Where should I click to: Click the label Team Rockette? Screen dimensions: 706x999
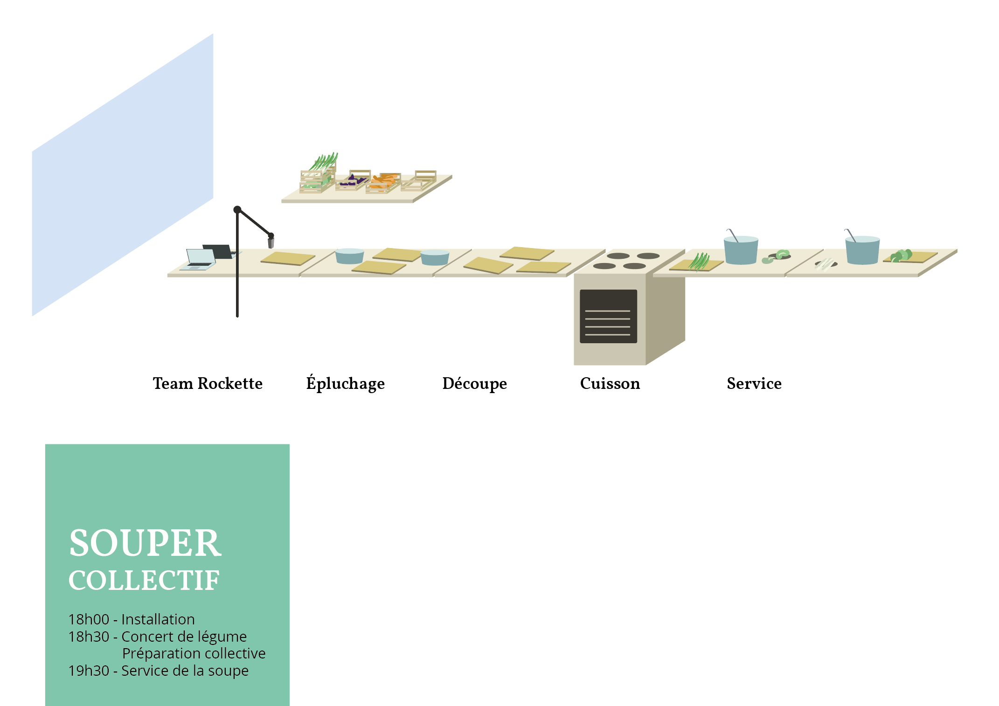(208, 383)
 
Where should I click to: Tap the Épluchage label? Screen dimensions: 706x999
(345, 383)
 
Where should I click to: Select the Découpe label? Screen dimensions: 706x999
(474, 383)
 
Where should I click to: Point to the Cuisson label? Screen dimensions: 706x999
(610, 383)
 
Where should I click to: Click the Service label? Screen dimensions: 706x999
(754, 383)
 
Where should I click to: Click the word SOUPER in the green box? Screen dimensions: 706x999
(145, 543)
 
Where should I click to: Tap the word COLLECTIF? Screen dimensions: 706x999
(144, 581)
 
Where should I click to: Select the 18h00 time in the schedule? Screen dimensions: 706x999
(89, 619)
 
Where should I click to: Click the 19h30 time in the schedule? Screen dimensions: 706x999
(89, 671)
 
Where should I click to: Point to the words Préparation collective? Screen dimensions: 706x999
(194, 653)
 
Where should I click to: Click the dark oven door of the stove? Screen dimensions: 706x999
(608, 316)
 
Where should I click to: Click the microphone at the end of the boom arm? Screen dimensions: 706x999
(271, 242)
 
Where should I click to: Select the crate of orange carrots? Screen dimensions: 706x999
(383, 183)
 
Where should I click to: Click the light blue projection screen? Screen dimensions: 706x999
(122, 175)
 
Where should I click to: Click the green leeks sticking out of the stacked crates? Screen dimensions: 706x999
(325, 161)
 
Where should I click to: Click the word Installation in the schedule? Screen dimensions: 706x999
(158, 619)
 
